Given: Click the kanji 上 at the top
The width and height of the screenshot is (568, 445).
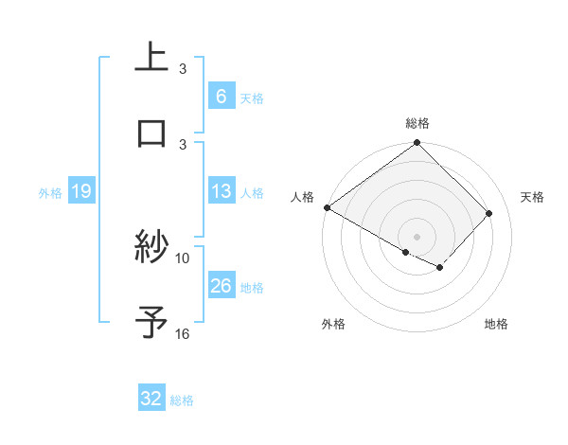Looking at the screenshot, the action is pos(151,57).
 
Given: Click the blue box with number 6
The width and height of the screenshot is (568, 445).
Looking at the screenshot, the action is pos(221,97).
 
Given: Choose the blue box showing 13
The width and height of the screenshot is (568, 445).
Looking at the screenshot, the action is pos(221,191).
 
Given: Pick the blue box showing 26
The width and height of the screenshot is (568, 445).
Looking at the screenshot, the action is pos(221,286).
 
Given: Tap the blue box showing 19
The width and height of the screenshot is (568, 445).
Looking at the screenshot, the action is pos(80,192).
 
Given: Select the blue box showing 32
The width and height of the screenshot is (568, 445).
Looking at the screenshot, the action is pos(151,399).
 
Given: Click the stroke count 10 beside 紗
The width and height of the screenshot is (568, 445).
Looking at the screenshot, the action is pos(183,258).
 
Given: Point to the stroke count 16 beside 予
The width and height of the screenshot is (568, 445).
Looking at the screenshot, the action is pos(183,333).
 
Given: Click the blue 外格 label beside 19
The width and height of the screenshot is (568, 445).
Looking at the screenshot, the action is pos(50,193).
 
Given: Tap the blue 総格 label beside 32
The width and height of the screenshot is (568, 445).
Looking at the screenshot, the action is pos(182,400).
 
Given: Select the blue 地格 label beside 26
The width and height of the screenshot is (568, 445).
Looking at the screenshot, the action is pos(252,288).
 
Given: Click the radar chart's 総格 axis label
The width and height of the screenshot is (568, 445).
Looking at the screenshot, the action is pos(417,123).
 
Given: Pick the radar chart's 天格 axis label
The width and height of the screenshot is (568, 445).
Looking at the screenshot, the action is pos(533,197).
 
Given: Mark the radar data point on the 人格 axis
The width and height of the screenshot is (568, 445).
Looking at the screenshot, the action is pos(327,207).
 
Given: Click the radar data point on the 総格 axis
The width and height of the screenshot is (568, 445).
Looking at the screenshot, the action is pos(417,144).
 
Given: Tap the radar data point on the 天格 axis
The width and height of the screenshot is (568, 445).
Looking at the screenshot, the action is pos(489,213).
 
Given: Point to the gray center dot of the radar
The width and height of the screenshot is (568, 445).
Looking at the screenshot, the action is pos(417,236).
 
